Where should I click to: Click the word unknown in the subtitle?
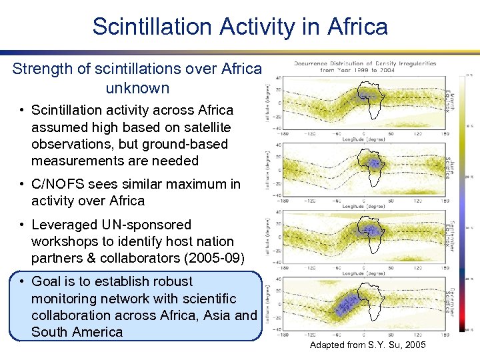(137, 88)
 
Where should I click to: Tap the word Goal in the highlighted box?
(49, 281)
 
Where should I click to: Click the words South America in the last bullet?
(77, 332)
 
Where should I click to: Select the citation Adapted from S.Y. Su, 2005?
(367, 345)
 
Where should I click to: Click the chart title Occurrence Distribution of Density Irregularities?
(365, 64)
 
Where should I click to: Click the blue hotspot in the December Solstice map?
(346, 303)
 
